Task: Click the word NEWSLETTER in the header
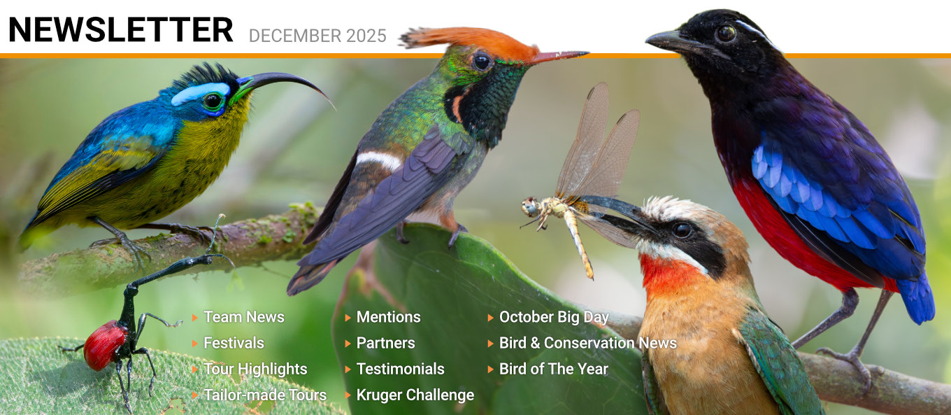click(x=120, y=29)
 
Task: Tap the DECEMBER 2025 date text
click(x=317, y=36)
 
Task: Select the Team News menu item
click(x=243, y=317)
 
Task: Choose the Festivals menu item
click(x=234, y=343)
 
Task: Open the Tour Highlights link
click(x=255, y=369)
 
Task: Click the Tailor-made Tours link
click(x=265, y=395)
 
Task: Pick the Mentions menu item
click(x=389, y=317)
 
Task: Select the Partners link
click(x=385, y=343)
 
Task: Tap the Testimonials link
click(x=401, y=369)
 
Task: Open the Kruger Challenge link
click(x=415, y=395)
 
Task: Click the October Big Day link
click(x=554, y=317)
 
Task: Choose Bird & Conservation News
click(x=588, y=343)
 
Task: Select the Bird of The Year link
click(x=554, y=369)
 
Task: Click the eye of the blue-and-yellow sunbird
click(x=213, y=101)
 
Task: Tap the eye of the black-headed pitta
click(x=726, y=33)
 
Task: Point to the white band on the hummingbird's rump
click(x=379, y=160)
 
